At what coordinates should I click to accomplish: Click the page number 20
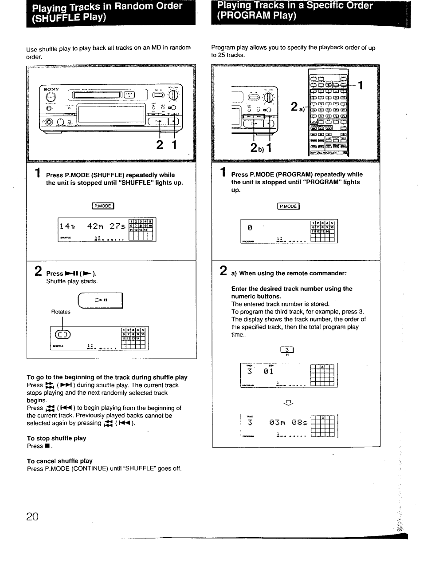pos(32,517)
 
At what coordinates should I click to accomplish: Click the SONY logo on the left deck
pos(51,89)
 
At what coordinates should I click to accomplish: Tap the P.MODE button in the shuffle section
pos(103,206)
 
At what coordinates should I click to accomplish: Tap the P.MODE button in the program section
pos(288,206)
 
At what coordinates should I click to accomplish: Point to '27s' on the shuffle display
pos(117,226)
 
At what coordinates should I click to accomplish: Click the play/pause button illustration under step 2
pos(100,301)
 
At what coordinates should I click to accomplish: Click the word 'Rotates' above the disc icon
pos(61,312)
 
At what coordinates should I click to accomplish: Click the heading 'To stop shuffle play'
pos(56,438)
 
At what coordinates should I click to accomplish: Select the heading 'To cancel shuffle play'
pos(59,461)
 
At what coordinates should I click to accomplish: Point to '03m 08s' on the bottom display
pos(288,423)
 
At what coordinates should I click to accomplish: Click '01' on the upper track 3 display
pos(268,372)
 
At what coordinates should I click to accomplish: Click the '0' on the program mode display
pos(250,227)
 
